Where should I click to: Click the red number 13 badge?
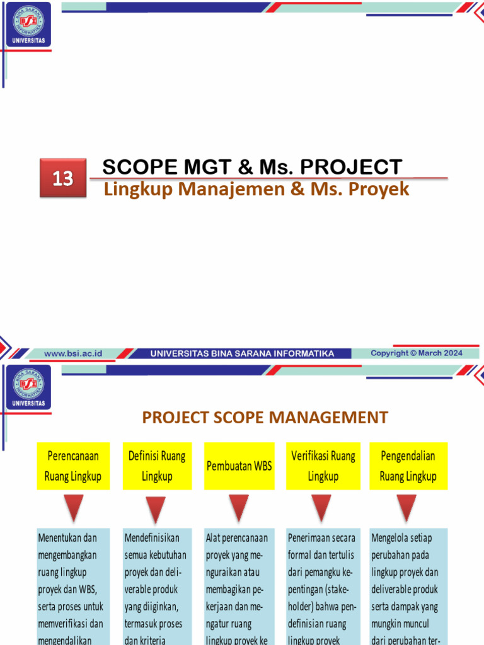pyautogui.click(x=63, y=178)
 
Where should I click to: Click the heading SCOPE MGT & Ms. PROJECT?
pyautogui.click(x=252, y=167)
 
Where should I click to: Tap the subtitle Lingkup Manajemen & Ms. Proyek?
pyautogui.click(x=256, y=189)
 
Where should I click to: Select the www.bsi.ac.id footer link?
pyautogui.click(x=73, y=353)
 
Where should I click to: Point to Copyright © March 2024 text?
pyautogui.click(x=417, y=353)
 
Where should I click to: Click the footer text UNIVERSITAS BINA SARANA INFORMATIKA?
pyautogui.click(x=242, y=353)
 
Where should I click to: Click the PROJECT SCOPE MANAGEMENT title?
pyautogui.click(x=265, y=417)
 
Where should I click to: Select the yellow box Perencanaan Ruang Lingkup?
pyautogui.click(x=73, y=465)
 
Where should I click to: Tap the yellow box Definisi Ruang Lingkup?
pyautogui.click(x=157, y=465)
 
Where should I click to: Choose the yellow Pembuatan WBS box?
pyautogui.click(x=239, y=466)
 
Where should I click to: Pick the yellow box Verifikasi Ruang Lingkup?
pyautogui.click(x=323, y=465)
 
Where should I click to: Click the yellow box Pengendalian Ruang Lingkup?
pyautogui.click(x=408, y=465)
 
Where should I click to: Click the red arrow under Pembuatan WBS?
pyautogui.click(x=239, y=508)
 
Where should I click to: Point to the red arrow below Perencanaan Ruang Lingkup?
pyautogui.click(x=74, y=508)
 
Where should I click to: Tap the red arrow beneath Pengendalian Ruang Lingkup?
pyautogui.click(x=406, y=508)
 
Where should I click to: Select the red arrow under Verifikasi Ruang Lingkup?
pyautogui.click(x=321, y=508)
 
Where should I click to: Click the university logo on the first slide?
pyautogui.click(x=28, y=25)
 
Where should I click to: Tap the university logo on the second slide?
pyautogui.click(x=28, y=387)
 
